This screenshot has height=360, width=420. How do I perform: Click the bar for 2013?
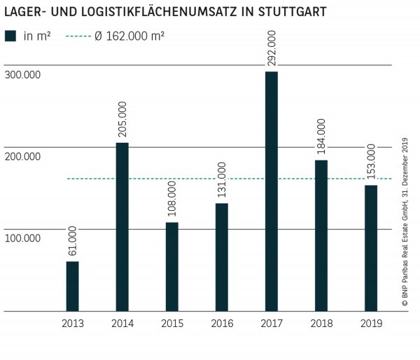(72, 286)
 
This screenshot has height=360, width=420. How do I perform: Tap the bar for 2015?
(171, 266)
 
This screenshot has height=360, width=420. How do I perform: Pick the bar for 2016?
(221, 257)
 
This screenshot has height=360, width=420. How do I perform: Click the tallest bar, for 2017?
(272, 191)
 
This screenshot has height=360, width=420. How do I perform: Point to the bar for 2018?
(321, 235)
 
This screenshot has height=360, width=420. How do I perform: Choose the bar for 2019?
(371, 248)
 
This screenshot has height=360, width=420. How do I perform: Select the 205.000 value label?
(122, 120)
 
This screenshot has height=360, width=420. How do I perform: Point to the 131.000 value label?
(222, 181)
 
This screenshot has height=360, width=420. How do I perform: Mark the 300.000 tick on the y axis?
(22, 75)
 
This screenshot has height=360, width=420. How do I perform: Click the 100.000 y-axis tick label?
(22, 239)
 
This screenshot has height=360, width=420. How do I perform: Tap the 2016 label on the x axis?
(221, 323)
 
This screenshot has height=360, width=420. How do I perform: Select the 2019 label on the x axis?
(371, 323)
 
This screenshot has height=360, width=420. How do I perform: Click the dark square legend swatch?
(10, 35)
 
